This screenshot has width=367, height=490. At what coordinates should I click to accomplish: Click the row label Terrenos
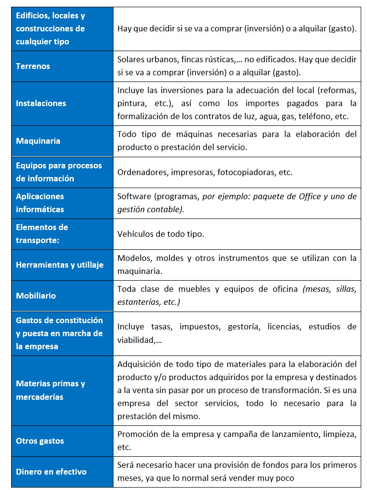point(33,66)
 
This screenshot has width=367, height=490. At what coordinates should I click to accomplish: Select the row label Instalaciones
point(41,103)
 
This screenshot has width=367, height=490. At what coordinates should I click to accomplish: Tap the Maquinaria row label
point(38,141)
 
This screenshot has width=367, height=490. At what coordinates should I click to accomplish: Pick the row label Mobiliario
point(36,296)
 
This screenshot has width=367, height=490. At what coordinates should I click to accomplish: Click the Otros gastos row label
point(40,441)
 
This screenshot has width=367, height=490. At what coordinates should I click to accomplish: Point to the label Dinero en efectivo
point(51,472)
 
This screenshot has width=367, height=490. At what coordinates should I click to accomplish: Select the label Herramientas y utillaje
point(59,265)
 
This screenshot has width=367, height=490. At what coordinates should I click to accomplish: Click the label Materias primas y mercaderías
point(51,390)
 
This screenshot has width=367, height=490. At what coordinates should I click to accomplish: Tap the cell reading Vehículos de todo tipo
point(161,234)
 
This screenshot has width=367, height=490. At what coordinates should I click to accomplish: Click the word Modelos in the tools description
point(133,258)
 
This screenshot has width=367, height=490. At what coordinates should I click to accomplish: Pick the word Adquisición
point(140,364)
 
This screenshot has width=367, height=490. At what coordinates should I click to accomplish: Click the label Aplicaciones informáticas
point(40,203)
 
